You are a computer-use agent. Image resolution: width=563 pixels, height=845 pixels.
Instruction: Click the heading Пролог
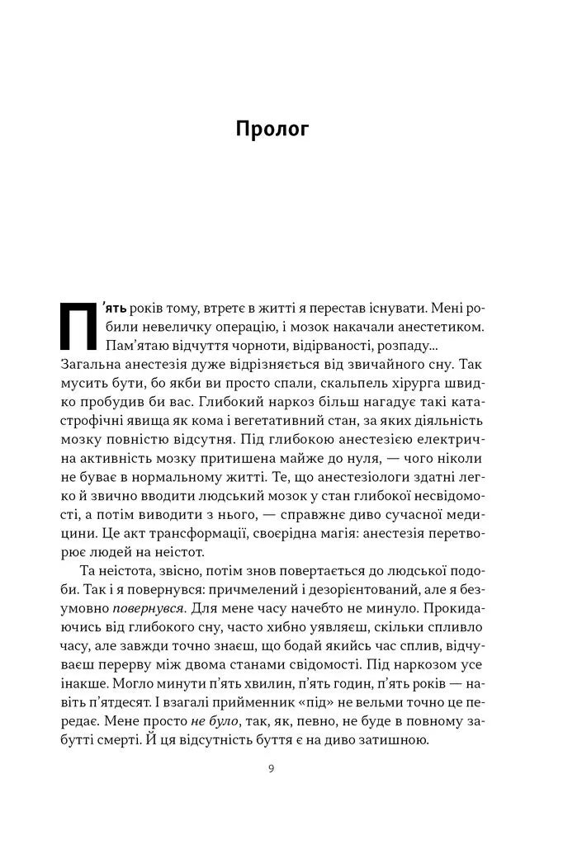coord(272,130)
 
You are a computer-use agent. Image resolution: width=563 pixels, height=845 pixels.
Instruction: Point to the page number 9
coord(272,769)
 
